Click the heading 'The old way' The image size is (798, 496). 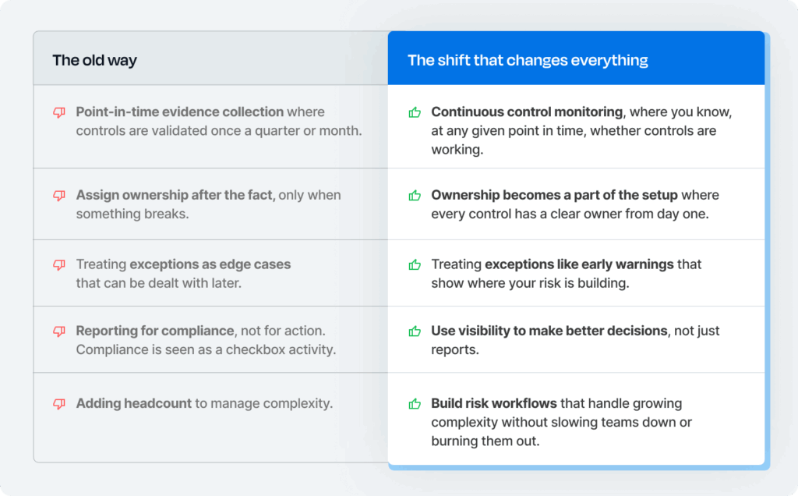(94, 60)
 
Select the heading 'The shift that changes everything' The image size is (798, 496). (528, 60)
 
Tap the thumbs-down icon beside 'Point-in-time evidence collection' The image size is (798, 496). (59, 112)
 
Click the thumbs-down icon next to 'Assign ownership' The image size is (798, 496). (59, 196)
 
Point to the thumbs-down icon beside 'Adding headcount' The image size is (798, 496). (59, 404)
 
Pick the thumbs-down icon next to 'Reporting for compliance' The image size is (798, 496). (59, 331)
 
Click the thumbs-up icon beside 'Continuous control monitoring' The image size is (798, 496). (415, 112)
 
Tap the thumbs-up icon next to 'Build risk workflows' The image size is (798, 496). (415, 404)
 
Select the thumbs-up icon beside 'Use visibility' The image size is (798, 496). (415, 331)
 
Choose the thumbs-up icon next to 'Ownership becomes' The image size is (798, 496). (415, 195)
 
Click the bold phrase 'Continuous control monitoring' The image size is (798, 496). (527, 112)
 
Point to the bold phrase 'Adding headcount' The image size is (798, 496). (134, 403)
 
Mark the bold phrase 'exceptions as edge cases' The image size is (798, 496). (210, 264)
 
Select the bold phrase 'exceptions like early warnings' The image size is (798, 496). (579, 264)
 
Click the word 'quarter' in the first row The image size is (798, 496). (277, 131)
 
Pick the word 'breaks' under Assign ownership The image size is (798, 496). (167, 214)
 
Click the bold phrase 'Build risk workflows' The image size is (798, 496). (494, 403)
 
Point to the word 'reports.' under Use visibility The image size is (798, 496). (455, 350)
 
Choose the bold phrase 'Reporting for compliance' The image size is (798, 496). (155, 331)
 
